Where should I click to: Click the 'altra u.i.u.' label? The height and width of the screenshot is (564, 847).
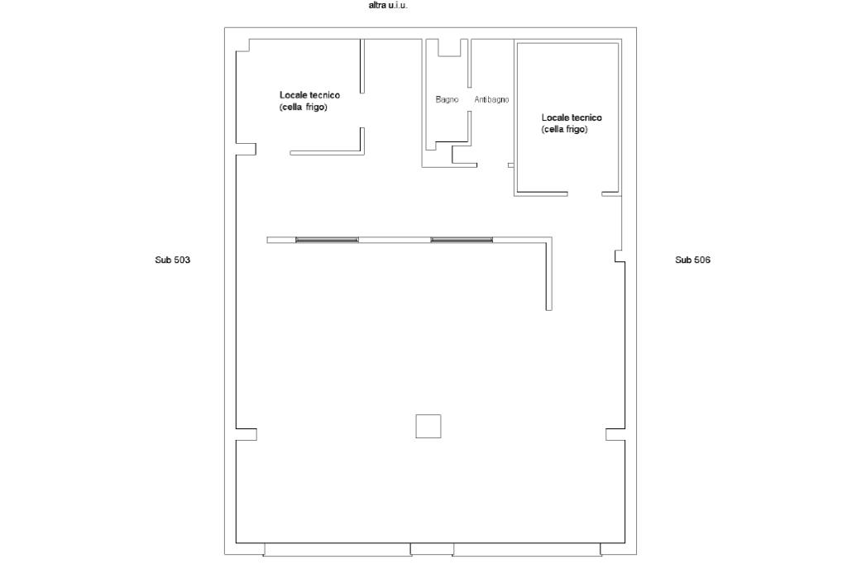point(388,6)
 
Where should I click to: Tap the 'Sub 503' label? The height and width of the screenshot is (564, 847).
point(172,260)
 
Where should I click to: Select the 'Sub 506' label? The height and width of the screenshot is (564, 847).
point(692,260)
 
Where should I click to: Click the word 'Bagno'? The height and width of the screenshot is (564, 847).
point(447,99)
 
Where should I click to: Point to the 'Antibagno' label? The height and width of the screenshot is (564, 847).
point(491,99)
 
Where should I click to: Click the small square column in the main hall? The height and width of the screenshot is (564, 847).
point(428,426)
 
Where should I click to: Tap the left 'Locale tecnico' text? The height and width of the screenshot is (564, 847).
point(309,95)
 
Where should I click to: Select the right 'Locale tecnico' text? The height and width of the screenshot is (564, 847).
point(572,117)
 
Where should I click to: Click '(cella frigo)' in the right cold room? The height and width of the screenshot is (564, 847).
point(564,130)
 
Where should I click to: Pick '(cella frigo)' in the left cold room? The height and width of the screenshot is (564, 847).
point(303,108)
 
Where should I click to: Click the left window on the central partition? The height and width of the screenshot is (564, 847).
point(327,239)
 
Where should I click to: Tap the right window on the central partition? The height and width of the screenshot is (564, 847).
point(462,239)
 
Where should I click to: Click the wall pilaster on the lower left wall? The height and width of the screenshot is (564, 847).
point(246,434)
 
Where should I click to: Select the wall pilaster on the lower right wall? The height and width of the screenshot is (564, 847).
point(615,434)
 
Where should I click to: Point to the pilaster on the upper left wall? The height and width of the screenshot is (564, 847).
point(246,149)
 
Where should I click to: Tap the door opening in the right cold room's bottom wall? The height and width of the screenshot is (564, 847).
point(585,194)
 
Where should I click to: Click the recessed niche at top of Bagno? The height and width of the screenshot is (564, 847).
point(449,47)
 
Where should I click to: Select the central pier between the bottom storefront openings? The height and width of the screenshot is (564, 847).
point(432,549)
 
